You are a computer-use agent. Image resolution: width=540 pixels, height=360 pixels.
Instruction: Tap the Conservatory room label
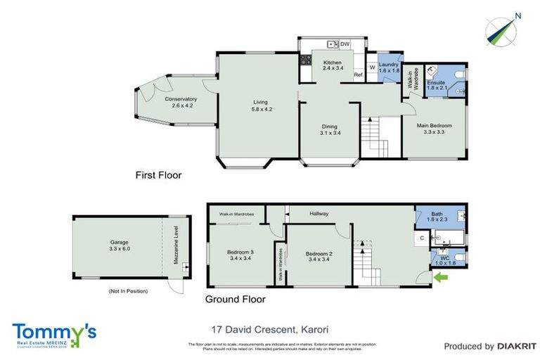pyautogui.click(x=181, y=99)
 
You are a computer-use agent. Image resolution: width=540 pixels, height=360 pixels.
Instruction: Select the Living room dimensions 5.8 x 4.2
pyautogui.click(x=260, y=110)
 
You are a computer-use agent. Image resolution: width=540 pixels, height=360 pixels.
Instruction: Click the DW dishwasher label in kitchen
pyautogui.click(x=345, y=44)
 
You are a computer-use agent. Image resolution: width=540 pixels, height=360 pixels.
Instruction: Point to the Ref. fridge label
pyautogui.click(x=358, y=75)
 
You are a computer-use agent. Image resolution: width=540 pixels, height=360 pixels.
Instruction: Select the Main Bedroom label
pyautogui.click(x=434, y=125)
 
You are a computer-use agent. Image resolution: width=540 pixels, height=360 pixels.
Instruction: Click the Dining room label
pyautogui.click(x=329, y=127)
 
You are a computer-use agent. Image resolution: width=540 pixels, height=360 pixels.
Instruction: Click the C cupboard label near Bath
pyautogui.click(x=421, y=238)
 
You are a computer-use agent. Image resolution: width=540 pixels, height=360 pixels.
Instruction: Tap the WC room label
pyautogui.click(x=444, y=258)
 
